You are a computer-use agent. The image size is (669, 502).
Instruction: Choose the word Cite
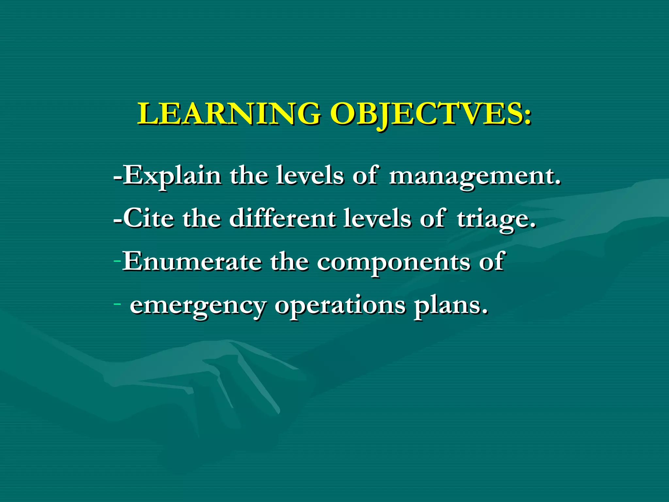148,218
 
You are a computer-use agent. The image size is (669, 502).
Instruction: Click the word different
282,218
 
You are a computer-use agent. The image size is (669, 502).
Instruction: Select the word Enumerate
192,261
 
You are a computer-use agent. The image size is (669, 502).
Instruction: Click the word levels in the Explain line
309,176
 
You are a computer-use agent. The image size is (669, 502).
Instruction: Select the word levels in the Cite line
377,218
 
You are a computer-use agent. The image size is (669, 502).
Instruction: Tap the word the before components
289,261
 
